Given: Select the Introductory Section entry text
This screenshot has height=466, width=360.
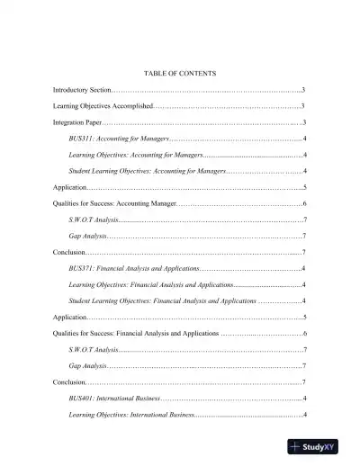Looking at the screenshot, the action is point(82,91).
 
